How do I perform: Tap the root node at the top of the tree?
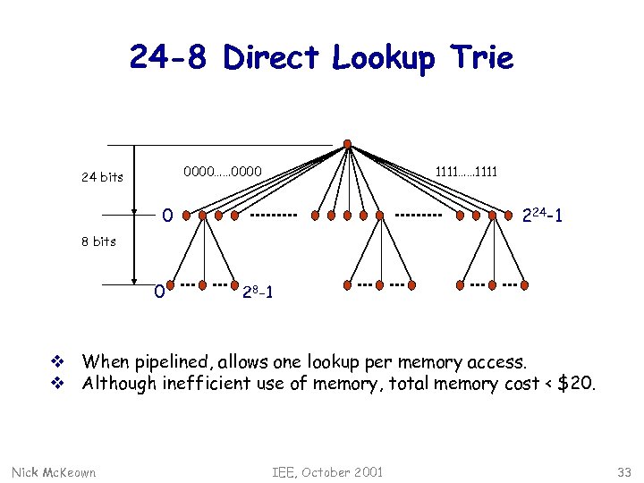[347, 144]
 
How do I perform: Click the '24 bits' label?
[102, 176]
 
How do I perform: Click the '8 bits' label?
[97, 241]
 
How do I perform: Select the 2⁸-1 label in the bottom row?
[259, 292]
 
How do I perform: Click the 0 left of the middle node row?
[166, 215]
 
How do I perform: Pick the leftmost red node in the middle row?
[184, 216]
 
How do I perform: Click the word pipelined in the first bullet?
[169, 362]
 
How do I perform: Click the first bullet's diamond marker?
[55, 362]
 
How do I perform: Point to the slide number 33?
[623, 471]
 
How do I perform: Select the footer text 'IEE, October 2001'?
[327, 471]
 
